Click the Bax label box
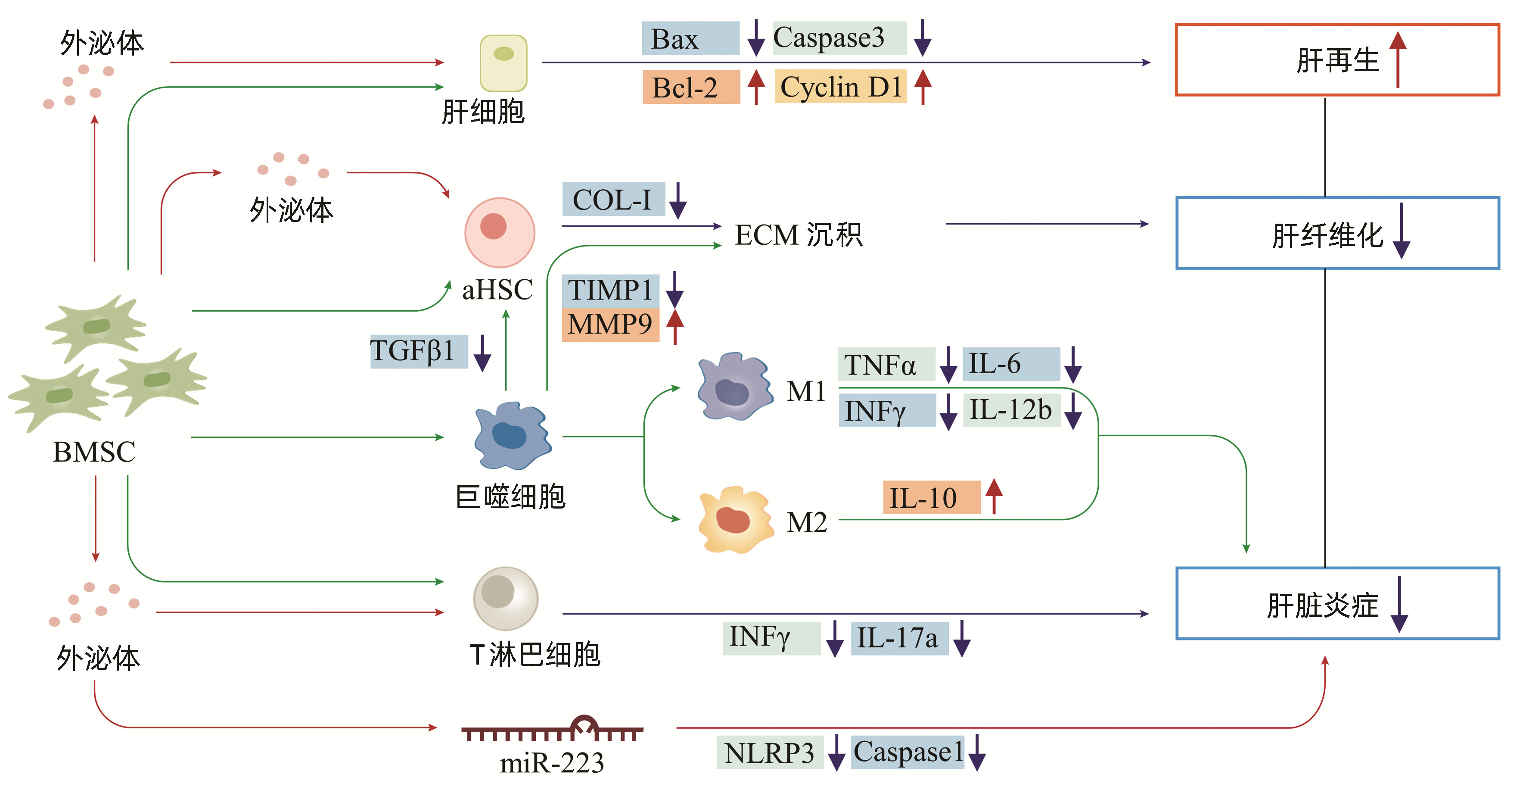[x=690, y=38]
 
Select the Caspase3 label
[x=839, y=38]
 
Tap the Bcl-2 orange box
[x=691, y=87]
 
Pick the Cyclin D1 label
[x=840, y=87]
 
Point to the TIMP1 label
[x=610, y=290]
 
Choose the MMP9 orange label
[x=610, y=324]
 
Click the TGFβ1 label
[x=418, y=351]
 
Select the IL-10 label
[x=931, y=497]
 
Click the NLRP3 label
[x=769, y=752]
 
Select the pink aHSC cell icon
[x=499, y=232]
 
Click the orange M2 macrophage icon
[x=735, y=520]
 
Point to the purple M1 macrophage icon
[x=734, y=387]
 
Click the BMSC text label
[x=94, y=452]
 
